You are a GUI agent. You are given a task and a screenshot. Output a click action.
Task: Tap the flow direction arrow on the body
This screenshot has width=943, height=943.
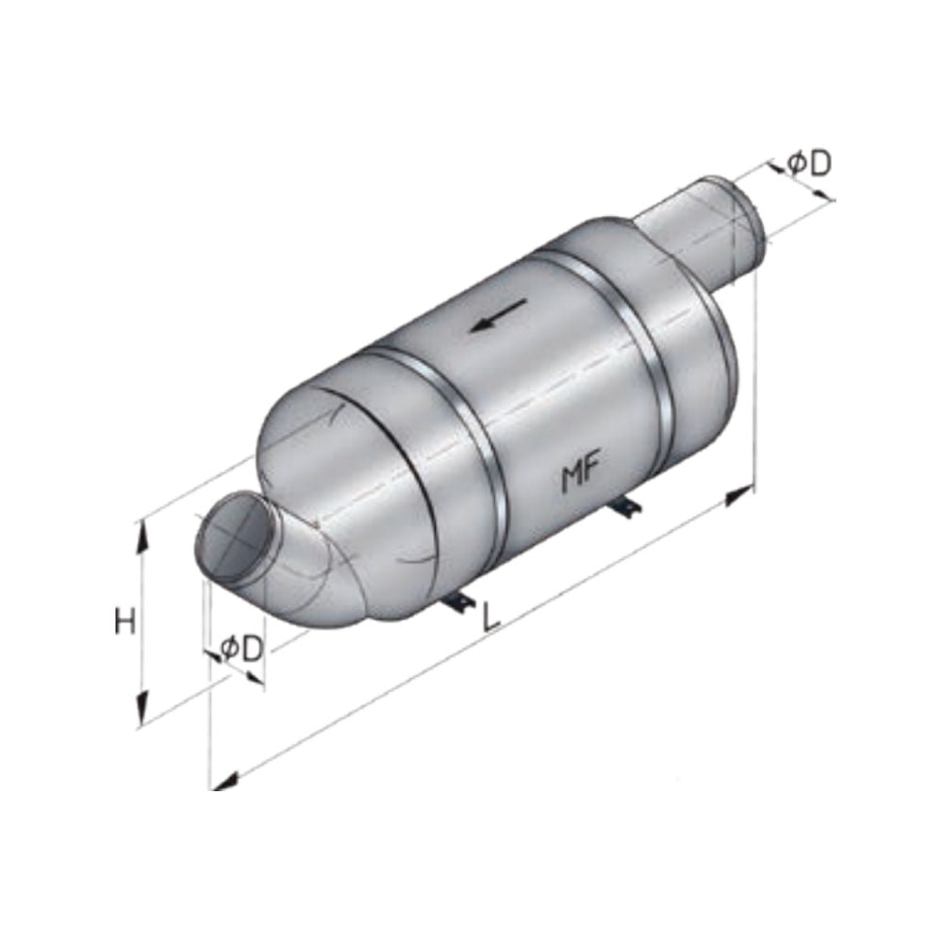point(497,317)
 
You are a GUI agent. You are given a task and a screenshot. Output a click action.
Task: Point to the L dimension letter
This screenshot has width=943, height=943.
point(489,617)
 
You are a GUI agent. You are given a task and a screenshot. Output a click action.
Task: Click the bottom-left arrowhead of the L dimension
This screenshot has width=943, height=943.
point(223,780)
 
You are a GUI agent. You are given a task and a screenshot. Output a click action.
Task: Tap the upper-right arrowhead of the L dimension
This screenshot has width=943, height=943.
point(740,493)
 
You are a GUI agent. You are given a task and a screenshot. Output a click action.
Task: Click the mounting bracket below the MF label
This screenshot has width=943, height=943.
point(625,507)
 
